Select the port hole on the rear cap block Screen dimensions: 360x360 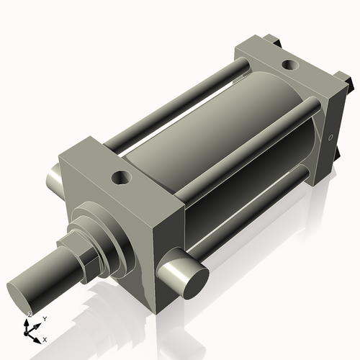(x=289, y=66)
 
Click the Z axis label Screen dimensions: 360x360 (x=28, y=315)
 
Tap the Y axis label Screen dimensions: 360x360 (x=45, y=318)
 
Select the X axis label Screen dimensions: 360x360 (x=45, y=338)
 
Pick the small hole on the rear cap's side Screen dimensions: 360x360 (x=330, y=137)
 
